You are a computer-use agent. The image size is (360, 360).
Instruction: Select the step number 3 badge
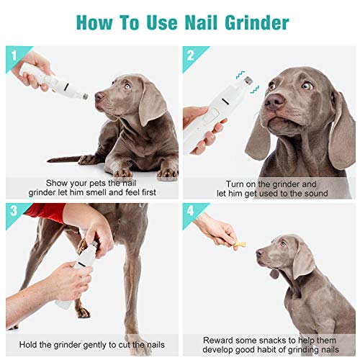[x=14, y=212]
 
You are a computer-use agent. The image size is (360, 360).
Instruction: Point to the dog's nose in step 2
[x=272, y=102]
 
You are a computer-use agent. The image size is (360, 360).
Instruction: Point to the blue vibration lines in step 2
[x=240, y=74]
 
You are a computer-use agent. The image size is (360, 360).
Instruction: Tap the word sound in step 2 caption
[x=315, y=194]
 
